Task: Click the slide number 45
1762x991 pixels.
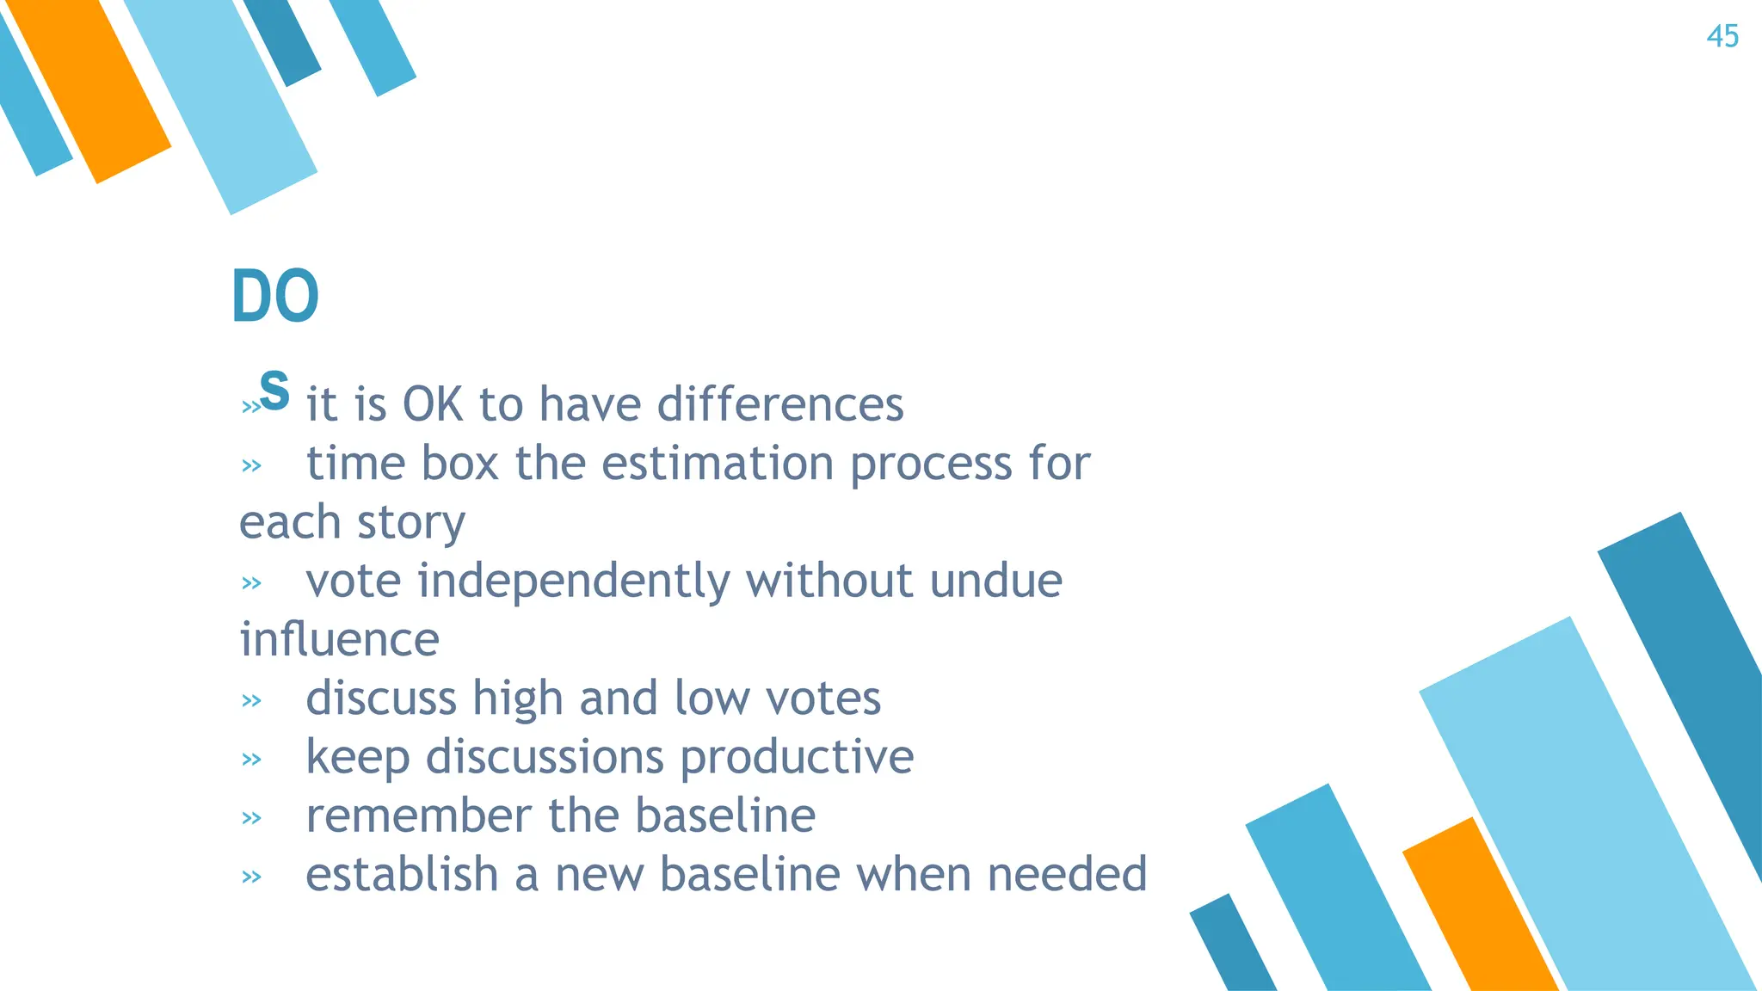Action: click(1722, 37)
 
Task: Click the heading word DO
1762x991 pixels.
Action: click(275, 296)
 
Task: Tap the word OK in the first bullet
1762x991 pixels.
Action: click(433, 404)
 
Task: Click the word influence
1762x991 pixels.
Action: click(340, 640)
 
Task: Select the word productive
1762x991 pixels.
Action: click(797, 757)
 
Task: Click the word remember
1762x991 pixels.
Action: click(419, 816)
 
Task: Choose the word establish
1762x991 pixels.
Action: click(402, 874)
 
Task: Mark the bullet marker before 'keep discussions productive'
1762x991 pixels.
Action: click(251, 760)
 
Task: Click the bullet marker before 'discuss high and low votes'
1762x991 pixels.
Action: click(251, 701)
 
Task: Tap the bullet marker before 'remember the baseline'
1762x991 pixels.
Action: click(251, 818)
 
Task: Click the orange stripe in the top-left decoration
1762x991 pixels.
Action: click(90, 86)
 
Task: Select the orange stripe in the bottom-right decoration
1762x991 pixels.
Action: click(1480, 912)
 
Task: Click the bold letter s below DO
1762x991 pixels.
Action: click(274, 390)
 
